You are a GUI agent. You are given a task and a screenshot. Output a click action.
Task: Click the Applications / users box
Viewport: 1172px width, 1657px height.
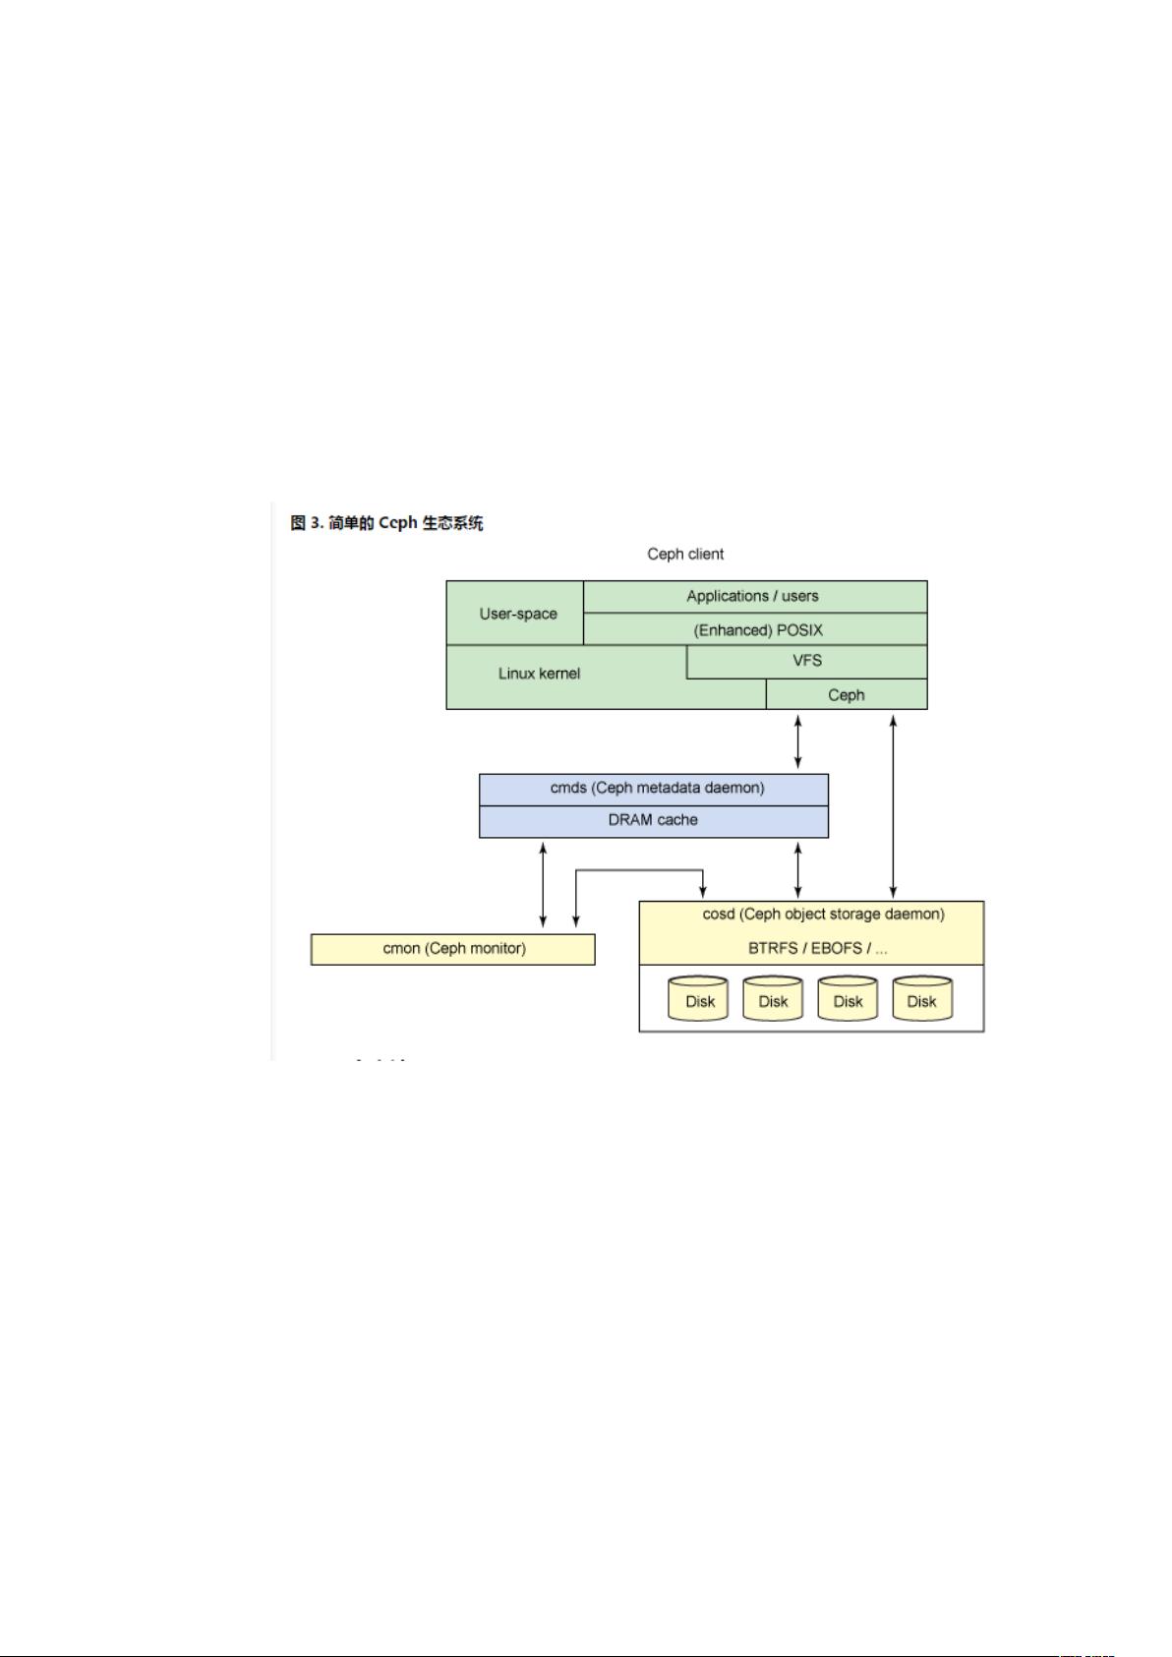[755, 596]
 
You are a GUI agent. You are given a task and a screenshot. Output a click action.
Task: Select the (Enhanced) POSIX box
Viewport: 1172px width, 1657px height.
[755, 628]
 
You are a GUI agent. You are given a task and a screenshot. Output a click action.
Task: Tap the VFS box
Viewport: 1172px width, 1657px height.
[806, 661]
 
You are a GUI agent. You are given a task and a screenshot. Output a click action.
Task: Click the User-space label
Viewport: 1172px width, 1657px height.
[517, 614]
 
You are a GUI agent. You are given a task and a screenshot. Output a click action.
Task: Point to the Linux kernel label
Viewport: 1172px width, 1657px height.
[539, 674]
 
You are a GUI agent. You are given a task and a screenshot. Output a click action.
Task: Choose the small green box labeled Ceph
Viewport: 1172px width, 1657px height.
[847, 694]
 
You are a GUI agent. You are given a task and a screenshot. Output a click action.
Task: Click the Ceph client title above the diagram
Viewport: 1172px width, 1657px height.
[685, 554]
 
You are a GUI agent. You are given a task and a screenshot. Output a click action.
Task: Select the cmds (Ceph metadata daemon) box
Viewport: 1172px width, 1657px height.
[654, 790]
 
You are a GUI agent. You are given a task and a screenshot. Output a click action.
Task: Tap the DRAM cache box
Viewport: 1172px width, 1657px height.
[654, 821]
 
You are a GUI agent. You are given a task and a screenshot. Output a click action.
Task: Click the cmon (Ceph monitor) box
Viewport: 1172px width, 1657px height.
[452, 949]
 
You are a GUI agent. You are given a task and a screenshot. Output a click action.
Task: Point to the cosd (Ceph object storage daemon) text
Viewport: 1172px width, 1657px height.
[823, 915]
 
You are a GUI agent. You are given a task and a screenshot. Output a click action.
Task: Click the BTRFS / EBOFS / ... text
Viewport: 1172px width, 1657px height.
[817, 948]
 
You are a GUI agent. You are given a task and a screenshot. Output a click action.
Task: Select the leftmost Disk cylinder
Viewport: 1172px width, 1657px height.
[698, 999]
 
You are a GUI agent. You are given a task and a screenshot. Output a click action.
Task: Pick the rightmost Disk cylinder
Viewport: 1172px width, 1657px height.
[922, 999]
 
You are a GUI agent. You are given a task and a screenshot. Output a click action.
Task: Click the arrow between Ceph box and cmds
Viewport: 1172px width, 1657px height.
[797, 741]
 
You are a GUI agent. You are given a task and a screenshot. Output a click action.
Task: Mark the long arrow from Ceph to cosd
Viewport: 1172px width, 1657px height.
[893, 806]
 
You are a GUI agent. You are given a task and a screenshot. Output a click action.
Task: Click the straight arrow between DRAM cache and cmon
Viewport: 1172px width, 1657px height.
[543, 885]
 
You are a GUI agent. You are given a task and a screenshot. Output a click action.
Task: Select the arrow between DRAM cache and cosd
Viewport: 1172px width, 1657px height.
[797, 870]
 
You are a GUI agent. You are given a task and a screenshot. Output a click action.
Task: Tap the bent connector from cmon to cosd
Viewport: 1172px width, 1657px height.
[640, 870]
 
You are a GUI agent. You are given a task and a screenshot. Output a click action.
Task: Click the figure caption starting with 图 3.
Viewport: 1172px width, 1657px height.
[386, 523]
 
